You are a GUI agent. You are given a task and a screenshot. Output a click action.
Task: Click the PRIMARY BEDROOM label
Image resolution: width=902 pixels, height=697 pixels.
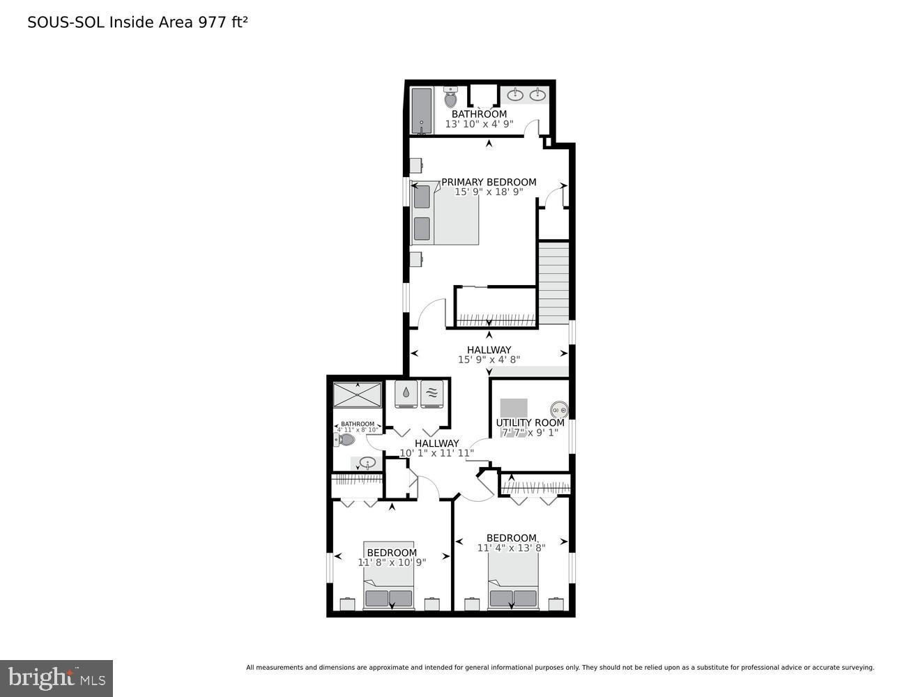point(489,182)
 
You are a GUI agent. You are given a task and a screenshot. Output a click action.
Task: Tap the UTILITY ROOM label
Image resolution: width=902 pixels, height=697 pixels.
point(530,422)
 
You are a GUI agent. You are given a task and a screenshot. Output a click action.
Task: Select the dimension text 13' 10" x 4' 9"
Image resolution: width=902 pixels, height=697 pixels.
point(479,124)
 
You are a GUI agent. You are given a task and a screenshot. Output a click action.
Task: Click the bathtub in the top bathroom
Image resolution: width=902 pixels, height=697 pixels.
point(422,110)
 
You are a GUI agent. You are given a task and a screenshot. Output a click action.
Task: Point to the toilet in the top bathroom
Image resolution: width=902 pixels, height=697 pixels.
point(451,98)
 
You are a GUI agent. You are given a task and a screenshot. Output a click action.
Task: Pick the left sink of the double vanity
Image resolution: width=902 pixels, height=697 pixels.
point(517,95)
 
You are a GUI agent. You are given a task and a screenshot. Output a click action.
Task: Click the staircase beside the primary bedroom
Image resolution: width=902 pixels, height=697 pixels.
point(555,282)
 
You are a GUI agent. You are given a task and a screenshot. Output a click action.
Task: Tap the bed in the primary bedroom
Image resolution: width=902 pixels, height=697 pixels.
point(446,213)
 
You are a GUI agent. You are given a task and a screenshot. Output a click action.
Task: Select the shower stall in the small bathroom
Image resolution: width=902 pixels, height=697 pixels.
point(358,395)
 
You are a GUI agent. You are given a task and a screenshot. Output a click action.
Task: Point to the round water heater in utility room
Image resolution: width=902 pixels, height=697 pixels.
point(559,410)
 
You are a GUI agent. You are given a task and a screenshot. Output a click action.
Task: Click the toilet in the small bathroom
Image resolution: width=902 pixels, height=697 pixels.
point(345,440)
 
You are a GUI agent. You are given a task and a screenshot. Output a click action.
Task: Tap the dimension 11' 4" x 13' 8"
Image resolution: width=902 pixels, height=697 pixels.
point(511,548)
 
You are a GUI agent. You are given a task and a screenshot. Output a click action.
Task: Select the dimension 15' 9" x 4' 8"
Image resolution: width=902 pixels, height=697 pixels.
point(489,360)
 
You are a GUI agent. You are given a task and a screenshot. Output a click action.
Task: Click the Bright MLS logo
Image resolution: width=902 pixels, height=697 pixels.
point(56,678)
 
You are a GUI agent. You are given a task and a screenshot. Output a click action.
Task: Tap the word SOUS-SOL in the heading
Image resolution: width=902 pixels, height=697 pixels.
point(66,22)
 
